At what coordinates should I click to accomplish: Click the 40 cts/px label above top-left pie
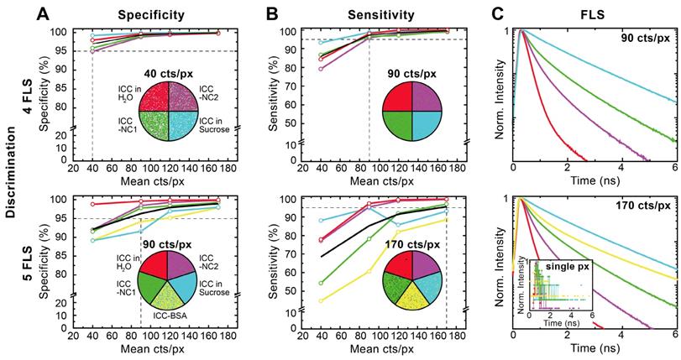coord(160,70)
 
